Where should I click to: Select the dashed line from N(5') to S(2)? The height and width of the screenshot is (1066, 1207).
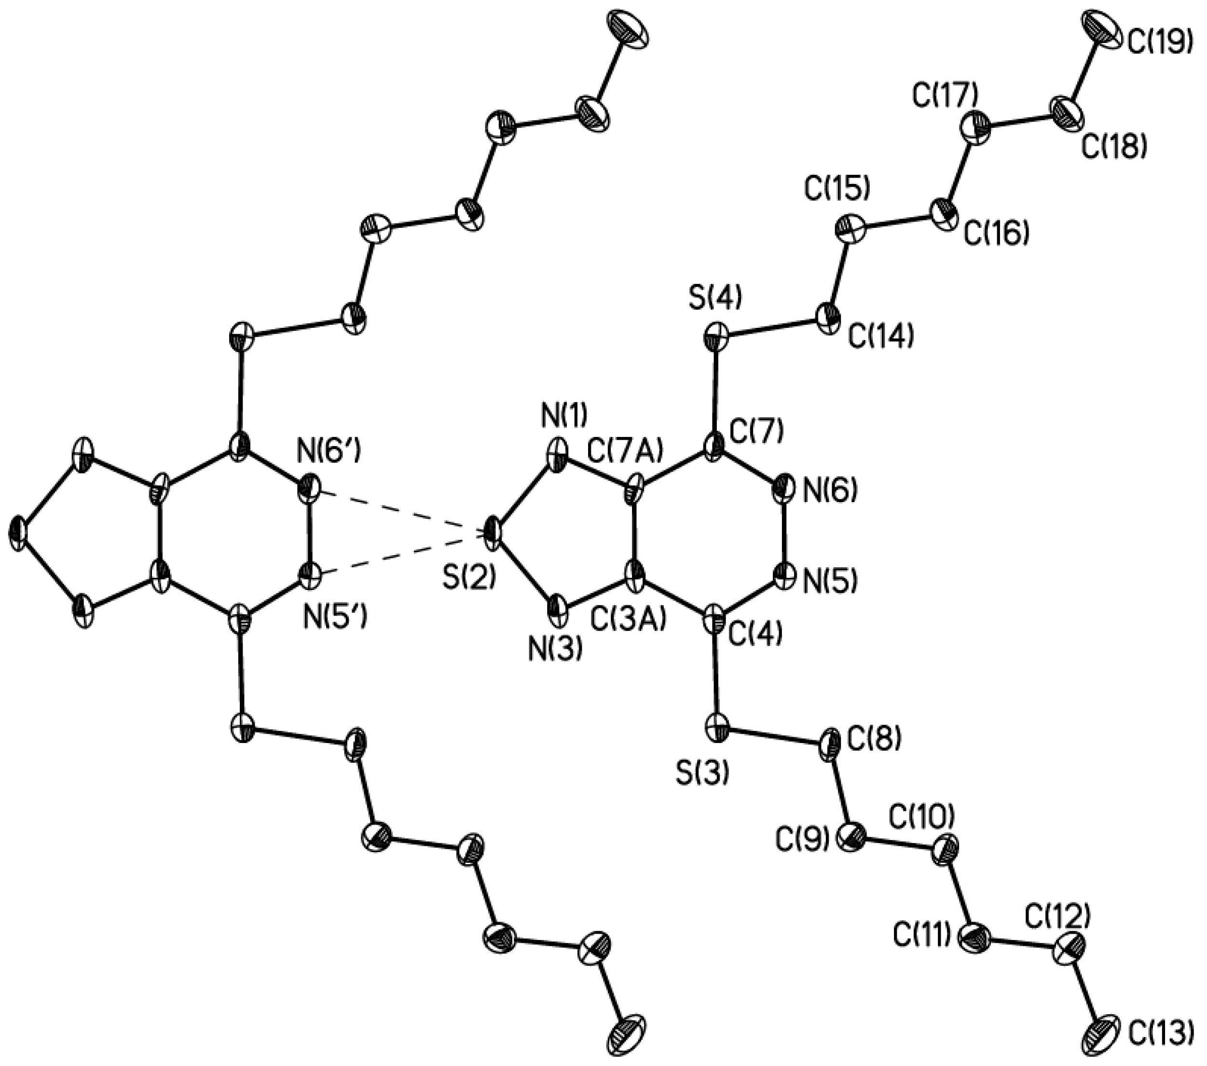click(x=401, y=554)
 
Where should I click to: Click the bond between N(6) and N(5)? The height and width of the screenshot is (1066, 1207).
click(x=785, y=532)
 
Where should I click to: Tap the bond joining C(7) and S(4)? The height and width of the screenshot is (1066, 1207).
click(x=716, y=396)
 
